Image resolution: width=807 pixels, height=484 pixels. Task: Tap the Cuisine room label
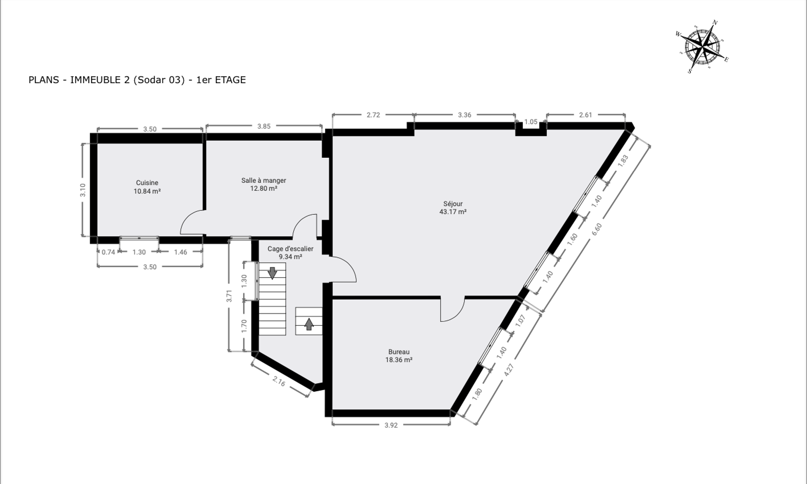tap(147, 183)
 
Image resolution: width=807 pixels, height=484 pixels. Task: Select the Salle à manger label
tap(264, 180)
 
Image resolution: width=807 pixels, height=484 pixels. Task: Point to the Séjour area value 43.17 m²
tap(453, 212)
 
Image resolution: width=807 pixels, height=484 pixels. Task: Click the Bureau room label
tap(399, 352)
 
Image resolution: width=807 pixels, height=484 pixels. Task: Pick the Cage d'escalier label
tap(291, 249)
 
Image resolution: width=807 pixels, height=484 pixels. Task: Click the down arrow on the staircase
tap(272, 273)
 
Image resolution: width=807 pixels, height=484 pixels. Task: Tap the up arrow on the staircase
tap(309, 324)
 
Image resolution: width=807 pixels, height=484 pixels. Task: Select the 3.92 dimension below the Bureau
tap(391, 425)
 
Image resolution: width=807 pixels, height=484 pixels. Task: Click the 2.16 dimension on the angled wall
tap(279, 381)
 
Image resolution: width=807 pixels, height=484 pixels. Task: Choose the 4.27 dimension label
tap(509, 371)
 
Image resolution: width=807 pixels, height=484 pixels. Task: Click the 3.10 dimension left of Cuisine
tap(83, 190)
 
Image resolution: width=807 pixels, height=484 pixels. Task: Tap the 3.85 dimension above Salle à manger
tap(264, 126)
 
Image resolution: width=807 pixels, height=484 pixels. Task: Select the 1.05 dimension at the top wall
tap(531, 122)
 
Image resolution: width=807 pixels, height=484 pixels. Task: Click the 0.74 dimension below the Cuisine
tap(108, 252)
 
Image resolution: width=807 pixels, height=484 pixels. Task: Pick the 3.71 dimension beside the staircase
tap(229, 296)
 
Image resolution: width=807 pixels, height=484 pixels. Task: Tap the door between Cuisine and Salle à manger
tap(192, 222)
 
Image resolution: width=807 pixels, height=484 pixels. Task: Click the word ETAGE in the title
tap(230, 80)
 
